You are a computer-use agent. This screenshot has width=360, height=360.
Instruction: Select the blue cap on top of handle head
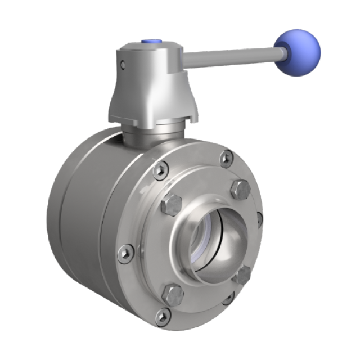[x=150, y=41]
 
